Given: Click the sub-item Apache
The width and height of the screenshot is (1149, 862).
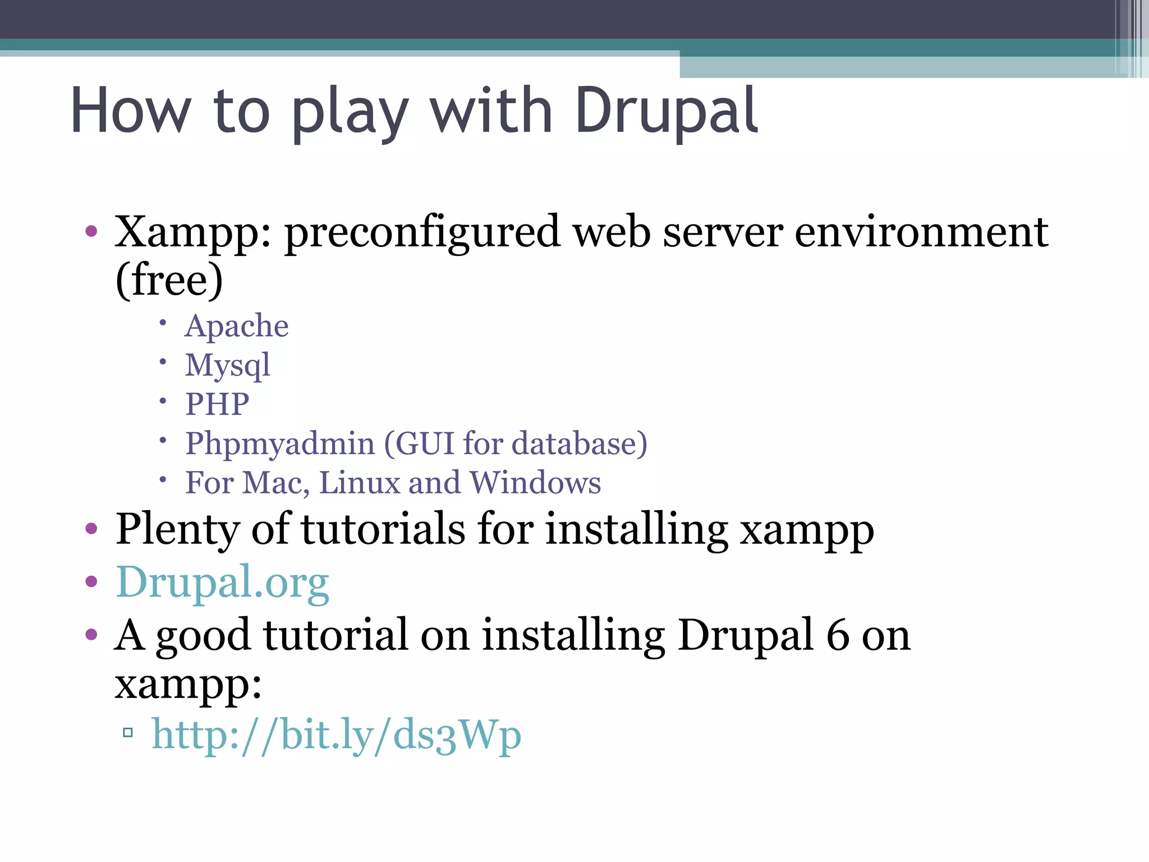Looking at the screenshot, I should [x=237, y=326].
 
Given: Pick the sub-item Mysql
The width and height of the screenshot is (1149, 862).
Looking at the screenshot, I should [x=228, y=366].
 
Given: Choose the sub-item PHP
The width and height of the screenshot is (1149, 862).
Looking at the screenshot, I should [x=217, y=404].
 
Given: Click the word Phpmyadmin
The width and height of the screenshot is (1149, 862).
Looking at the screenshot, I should [x=280, y=443].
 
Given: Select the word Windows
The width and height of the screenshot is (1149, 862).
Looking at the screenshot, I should [x=535, y=483].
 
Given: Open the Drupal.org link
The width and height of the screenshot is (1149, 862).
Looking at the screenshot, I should [x=222, y=583].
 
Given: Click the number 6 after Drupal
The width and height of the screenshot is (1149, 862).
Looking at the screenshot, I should [x=838, y=635].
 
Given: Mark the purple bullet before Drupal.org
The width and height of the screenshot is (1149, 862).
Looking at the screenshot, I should [x=91, y=582].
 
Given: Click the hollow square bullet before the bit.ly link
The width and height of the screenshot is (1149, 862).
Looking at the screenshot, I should [x=128, y=732].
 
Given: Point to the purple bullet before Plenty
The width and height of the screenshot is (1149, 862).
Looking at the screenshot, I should [x=91, y=529].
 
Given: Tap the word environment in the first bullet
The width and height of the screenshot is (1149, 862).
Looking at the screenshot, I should [x=921, y=232].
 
